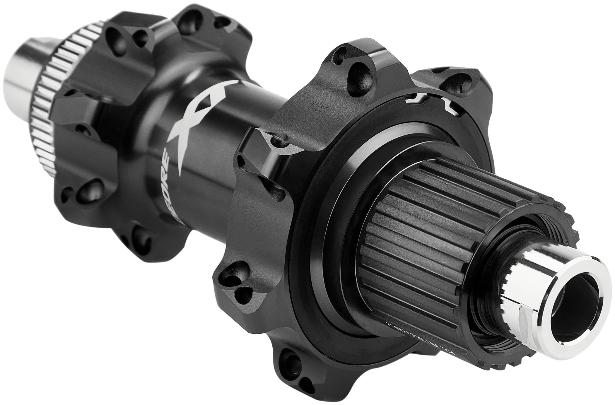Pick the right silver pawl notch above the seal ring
[x=451, y=107]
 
